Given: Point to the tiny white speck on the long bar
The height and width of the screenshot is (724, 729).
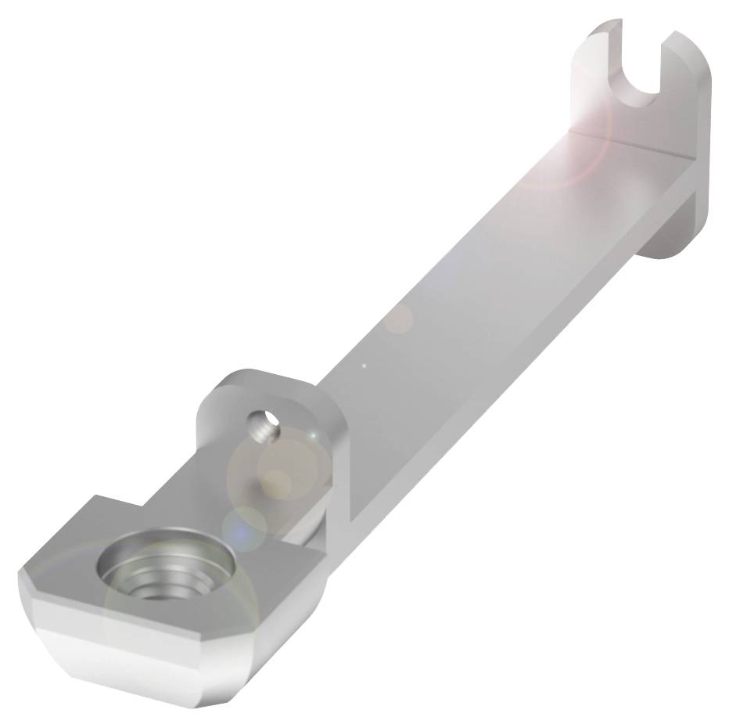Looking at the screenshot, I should pos(364,364).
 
